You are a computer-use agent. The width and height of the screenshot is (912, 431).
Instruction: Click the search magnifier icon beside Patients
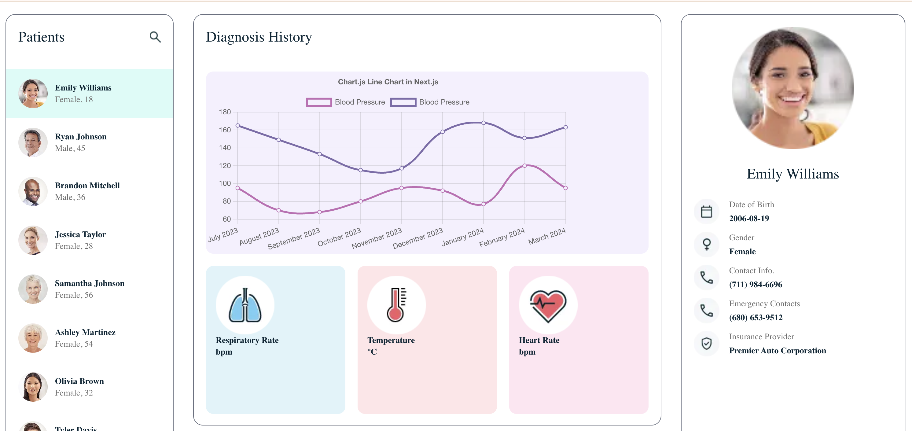(x=155, y=37)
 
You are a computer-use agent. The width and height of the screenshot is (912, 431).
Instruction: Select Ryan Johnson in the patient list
(x=81, y=137)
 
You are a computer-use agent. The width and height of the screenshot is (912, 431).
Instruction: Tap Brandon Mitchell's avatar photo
(x=33, y=191)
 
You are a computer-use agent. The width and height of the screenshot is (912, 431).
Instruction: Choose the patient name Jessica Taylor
(x=80, y=234)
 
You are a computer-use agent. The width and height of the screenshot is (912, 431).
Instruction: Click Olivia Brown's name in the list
(x=79, y=381)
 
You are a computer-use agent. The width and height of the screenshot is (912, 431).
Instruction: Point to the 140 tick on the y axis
(x=225, y=148)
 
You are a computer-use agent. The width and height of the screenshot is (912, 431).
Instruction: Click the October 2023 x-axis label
(x=339, y=237)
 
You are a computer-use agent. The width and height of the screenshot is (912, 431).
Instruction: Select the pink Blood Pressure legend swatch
(x=319, y=102)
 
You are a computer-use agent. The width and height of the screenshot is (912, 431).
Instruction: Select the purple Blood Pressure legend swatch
(x=403, y=102)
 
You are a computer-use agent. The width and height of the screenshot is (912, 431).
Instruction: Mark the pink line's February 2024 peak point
(x=524, y=165)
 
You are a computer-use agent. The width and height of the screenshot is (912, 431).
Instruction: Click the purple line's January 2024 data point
(x=483, y=123)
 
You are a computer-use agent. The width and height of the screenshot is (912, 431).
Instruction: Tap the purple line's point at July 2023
(x=237, y=125)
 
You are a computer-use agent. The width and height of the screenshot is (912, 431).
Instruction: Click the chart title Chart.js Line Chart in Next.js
(x=388, y=82)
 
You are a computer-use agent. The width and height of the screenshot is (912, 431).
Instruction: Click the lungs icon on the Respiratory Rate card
(x=245, y=305)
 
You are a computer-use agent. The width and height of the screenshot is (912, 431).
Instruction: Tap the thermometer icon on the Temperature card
(x=396, y=305)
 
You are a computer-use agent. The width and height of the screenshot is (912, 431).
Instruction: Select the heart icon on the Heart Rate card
(x=548, y=305)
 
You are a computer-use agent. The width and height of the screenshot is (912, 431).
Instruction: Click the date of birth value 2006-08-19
(x=749, y=219)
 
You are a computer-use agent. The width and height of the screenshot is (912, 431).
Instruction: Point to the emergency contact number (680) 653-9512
(x=756, y=318)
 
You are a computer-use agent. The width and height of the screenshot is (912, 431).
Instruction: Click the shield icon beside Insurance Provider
(x=706, y=344)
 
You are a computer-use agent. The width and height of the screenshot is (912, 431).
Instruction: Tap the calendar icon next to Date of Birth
(x=706, y=212)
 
